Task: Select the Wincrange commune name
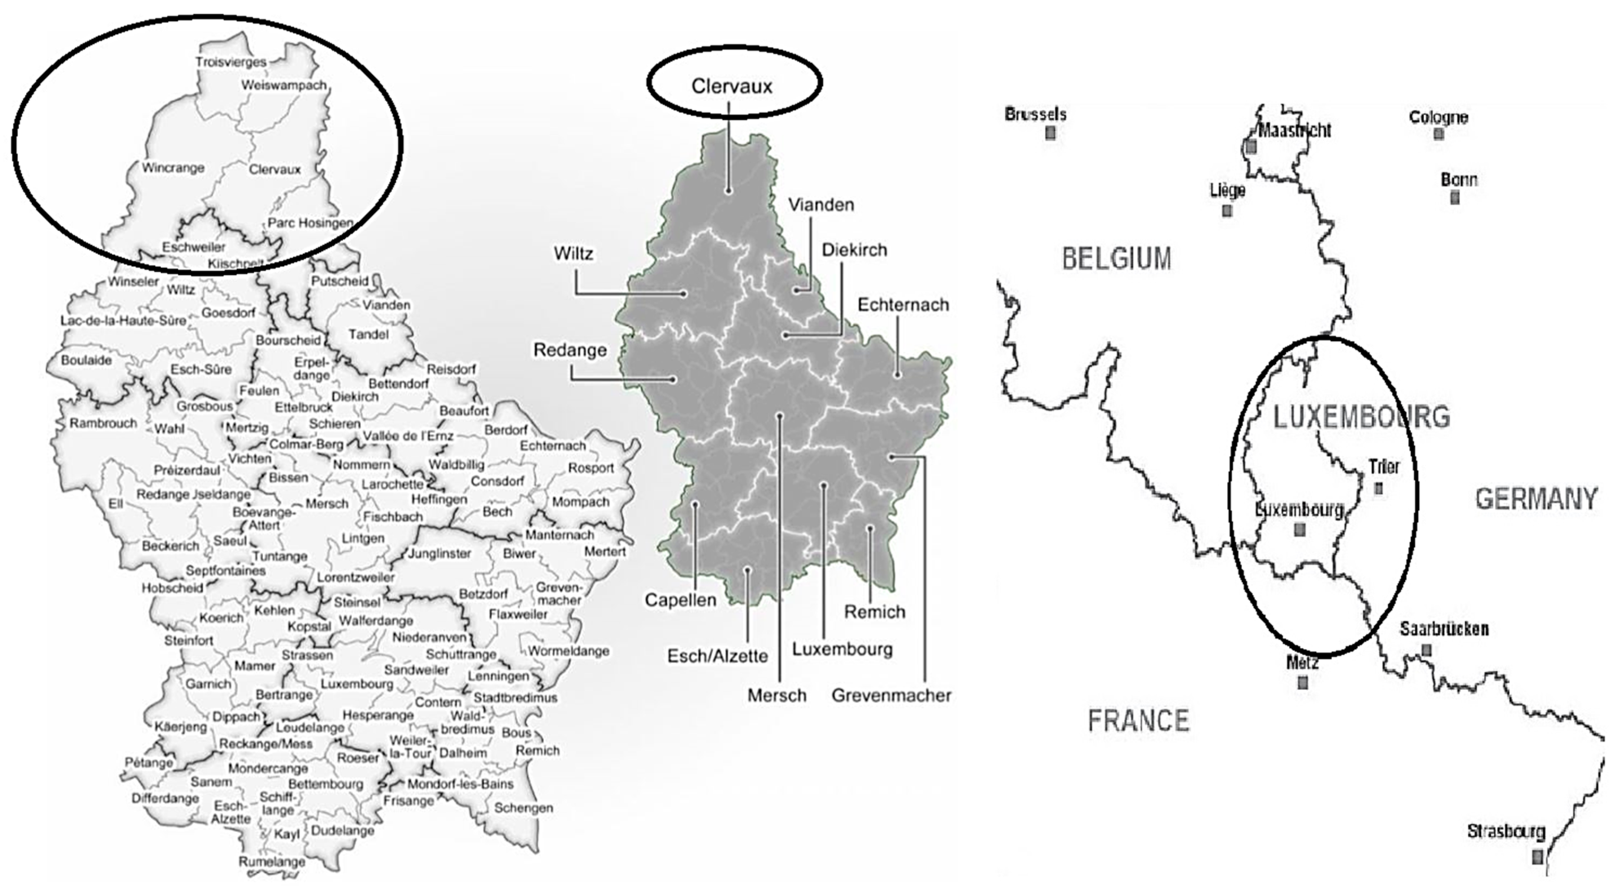coord(173,168)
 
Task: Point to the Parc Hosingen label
coord(310,223)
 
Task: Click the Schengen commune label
coord(523,808)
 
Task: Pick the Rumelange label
coord(272,861)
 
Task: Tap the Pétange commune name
coord(149,763)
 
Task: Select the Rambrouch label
coord(103,423)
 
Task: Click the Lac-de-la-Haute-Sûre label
coord(123,320)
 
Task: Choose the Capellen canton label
coord(680,600)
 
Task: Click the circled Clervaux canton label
coord(732,86)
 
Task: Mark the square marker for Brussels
coord(1050,133)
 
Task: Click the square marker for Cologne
coord(1438,133)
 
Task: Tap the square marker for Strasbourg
coord(1537,856)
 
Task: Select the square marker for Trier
coord(1378,488)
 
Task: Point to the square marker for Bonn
coord(1455,198)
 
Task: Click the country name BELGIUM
coord(1116,259)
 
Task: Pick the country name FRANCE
coord(1138,720)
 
